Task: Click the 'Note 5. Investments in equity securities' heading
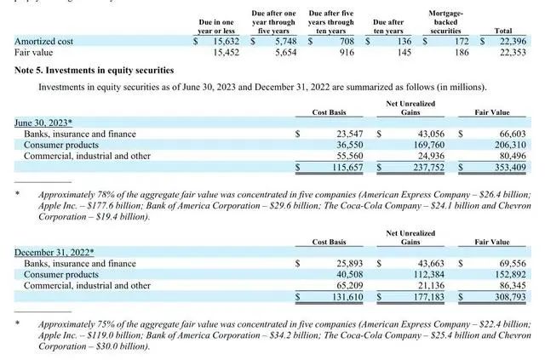95,70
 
